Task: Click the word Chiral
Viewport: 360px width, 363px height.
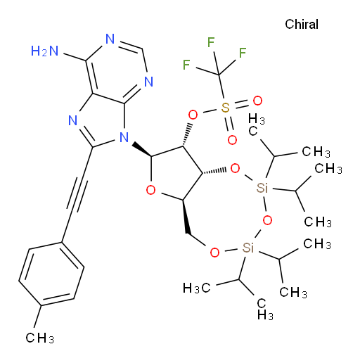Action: tap(302, 24)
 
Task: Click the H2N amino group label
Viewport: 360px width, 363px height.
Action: tap(44, 51)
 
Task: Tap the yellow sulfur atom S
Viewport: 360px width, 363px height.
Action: tap(225, 108)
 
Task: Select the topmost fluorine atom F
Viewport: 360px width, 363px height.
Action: tap(211, 42)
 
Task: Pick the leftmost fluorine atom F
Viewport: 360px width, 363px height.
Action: tap(186, 65)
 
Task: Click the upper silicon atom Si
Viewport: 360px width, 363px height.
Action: tap(262, 188)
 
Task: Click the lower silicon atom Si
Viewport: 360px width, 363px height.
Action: tap(248, 248)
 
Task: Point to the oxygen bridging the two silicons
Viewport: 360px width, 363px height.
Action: tap(267, 220)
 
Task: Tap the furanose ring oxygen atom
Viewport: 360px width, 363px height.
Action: tap(150, 190)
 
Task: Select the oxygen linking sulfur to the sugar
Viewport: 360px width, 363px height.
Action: tap(193, 115)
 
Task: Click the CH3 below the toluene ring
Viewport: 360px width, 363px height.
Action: tap(40, 338)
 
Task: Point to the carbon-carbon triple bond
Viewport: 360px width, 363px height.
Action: tap(77, 194)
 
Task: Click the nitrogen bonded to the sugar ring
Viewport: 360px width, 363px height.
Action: tap(124, 137)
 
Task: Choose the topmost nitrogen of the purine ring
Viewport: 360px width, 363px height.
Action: tap(110, 39)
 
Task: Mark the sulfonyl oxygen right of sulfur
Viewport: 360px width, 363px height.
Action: tap(257, 101)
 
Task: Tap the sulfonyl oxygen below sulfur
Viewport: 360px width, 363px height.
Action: tap(232, 140)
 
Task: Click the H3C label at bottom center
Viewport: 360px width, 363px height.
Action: tap(196, 288)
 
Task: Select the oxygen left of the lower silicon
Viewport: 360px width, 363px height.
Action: tap(214, 253)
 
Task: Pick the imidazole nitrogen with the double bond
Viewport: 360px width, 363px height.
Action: tap(73, 120)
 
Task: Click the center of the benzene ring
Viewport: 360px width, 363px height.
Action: tap(51, 274)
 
